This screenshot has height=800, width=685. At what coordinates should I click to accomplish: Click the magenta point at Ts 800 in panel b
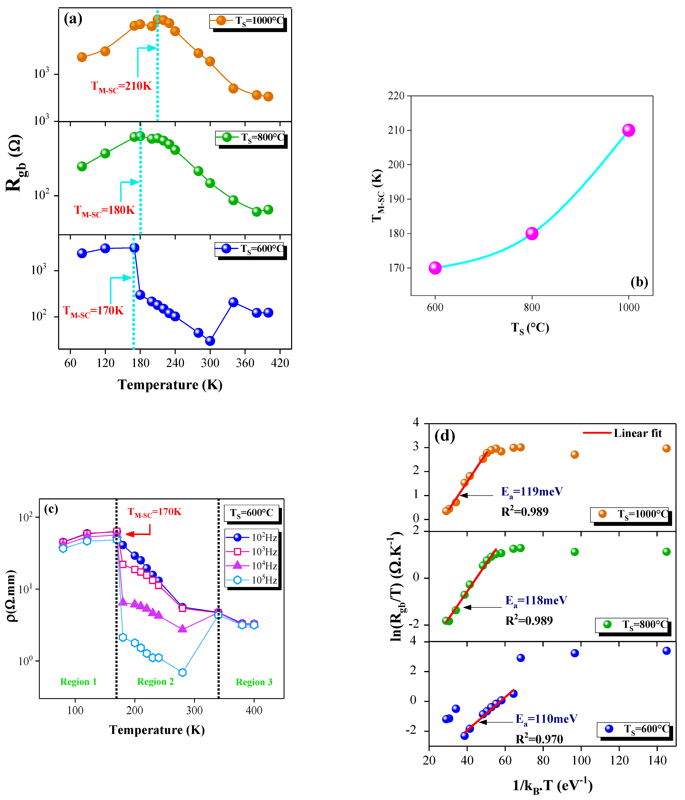click(x=532, y=233)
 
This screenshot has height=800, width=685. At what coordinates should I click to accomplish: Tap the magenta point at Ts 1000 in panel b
click(x=629, y=130)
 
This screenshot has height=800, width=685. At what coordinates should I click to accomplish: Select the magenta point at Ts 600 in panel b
click(x=435, y=268)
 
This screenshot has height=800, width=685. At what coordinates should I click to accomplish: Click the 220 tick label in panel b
click(x=396, y=96)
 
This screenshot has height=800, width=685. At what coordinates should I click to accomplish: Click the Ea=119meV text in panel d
click(x=532, y=492)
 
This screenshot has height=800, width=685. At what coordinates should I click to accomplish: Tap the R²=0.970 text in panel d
click(x=539, y=739)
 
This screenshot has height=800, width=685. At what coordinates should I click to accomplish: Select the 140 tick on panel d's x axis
click(x=657, y=761)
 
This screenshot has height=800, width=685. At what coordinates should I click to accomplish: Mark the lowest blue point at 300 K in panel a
click(x=210, y=341)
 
